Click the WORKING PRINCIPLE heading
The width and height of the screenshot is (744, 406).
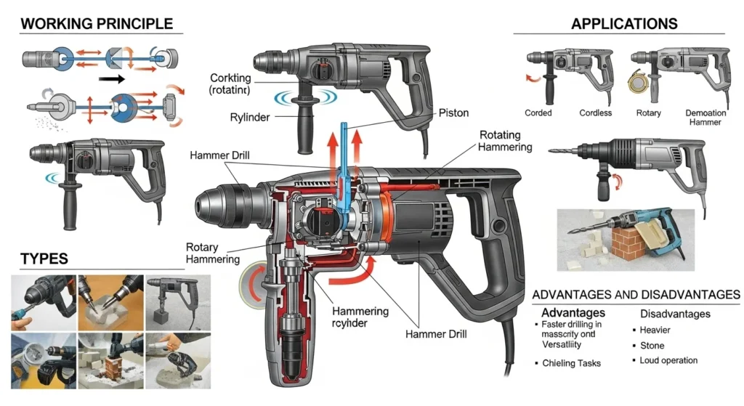coord(97,23)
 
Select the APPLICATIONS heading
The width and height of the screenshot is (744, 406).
coord(624,23)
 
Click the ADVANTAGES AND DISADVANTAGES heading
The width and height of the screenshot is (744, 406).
coord(636,295)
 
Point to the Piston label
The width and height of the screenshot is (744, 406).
coord(454,113)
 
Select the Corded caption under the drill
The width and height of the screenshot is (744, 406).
coord(538,113)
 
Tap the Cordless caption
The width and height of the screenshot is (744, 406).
coord(595,113)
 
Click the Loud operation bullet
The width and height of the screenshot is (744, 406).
coord(668,360)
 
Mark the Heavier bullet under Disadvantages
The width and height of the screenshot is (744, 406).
coord(655,330)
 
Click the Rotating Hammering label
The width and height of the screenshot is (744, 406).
coord(505,141)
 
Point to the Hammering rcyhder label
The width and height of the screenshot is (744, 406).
coord(360,317)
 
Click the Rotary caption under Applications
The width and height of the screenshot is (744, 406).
coord(648,113)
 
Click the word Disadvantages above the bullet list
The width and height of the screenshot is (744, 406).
coord(675,314)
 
